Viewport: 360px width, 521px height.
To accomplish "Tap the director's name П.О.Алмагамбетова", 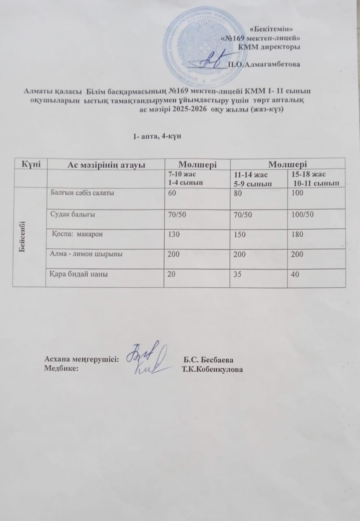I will (x=264, y=64).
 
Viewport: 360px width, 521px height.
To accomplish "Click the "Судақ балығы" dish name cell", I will (x=73, y=215).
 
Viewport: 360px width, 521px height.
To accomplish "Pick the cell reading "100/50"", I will (x=302, y=215).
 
